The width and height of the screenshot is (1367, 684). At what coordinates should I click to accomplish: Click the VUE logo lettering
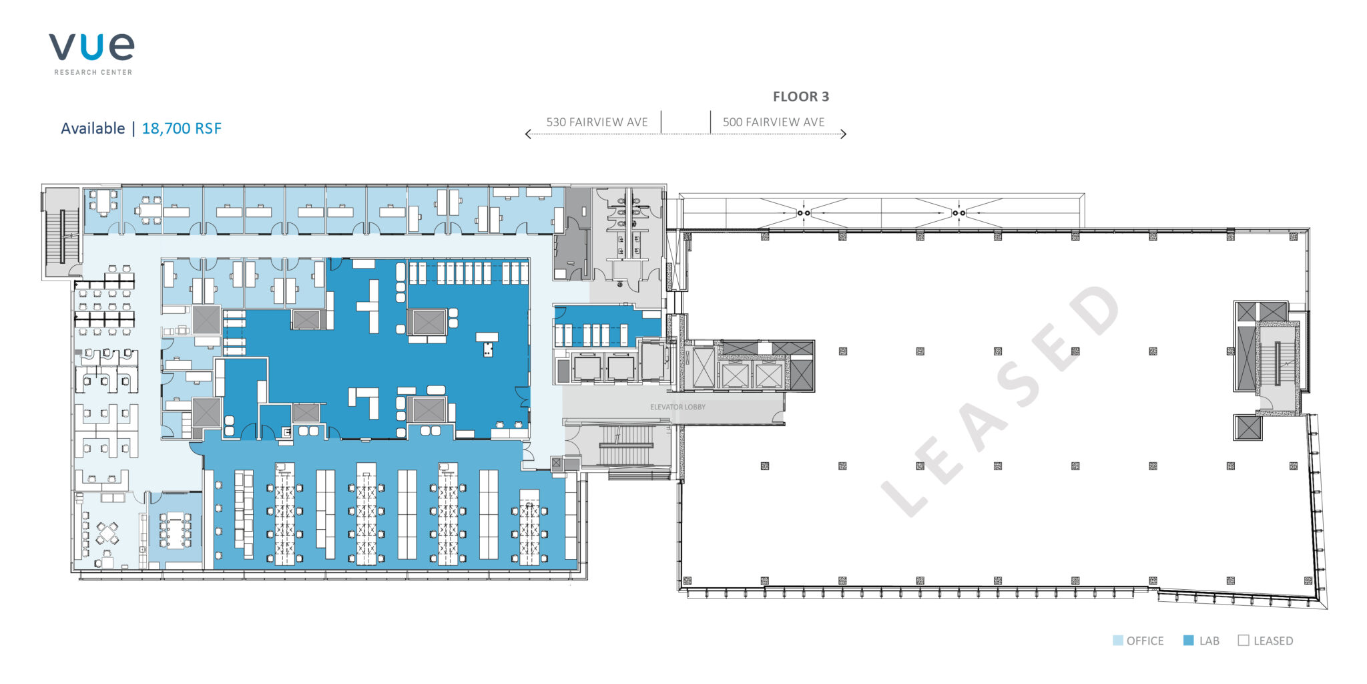91,47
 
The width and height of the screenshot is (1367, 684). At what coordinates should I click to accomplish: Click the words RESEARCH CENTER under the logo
93,72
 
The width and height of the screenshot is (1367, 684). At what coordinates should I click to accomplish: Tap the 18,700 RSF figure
182,128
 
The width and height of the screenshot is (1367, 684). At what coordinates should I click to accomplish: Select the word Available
93,128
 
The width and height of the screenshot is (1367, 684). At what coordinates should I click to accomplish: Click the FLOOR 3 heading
801,97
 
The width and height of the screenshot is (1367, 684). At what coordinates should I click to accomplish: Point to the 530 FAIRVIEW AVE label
597,122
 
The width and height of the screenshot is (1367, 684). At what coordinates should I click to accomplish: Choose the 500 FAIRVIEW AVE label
774,122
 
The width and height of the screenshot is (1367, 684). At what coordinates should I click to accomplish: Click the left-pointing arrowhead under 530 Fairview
528,134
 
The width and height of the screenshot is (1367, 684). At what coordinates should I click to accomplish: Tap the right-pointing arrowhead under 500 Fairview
844,134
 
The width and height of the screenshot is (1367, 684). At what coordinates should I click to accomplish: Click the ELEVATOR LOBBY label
677,407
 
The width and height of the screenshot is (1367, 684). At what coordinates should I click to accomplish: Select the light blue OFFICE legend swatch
1118,641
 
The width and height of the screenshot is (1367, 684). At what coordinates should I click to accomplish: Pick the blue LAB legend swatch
1188,641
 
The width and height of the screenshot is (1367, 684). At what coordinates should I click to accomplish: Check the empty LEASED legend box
1244,641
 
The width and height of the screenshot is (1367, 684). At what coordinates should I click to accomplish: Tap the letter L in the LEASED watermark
904,495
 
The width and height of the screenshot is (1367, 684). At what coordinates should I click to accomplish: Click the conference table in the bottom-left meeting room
176,530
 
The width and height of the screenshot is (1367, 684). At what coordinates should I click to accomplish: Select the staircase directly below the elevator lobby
626,446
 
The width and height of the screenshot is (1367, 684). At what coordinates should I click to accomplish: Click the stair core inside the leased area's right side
1277,364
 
